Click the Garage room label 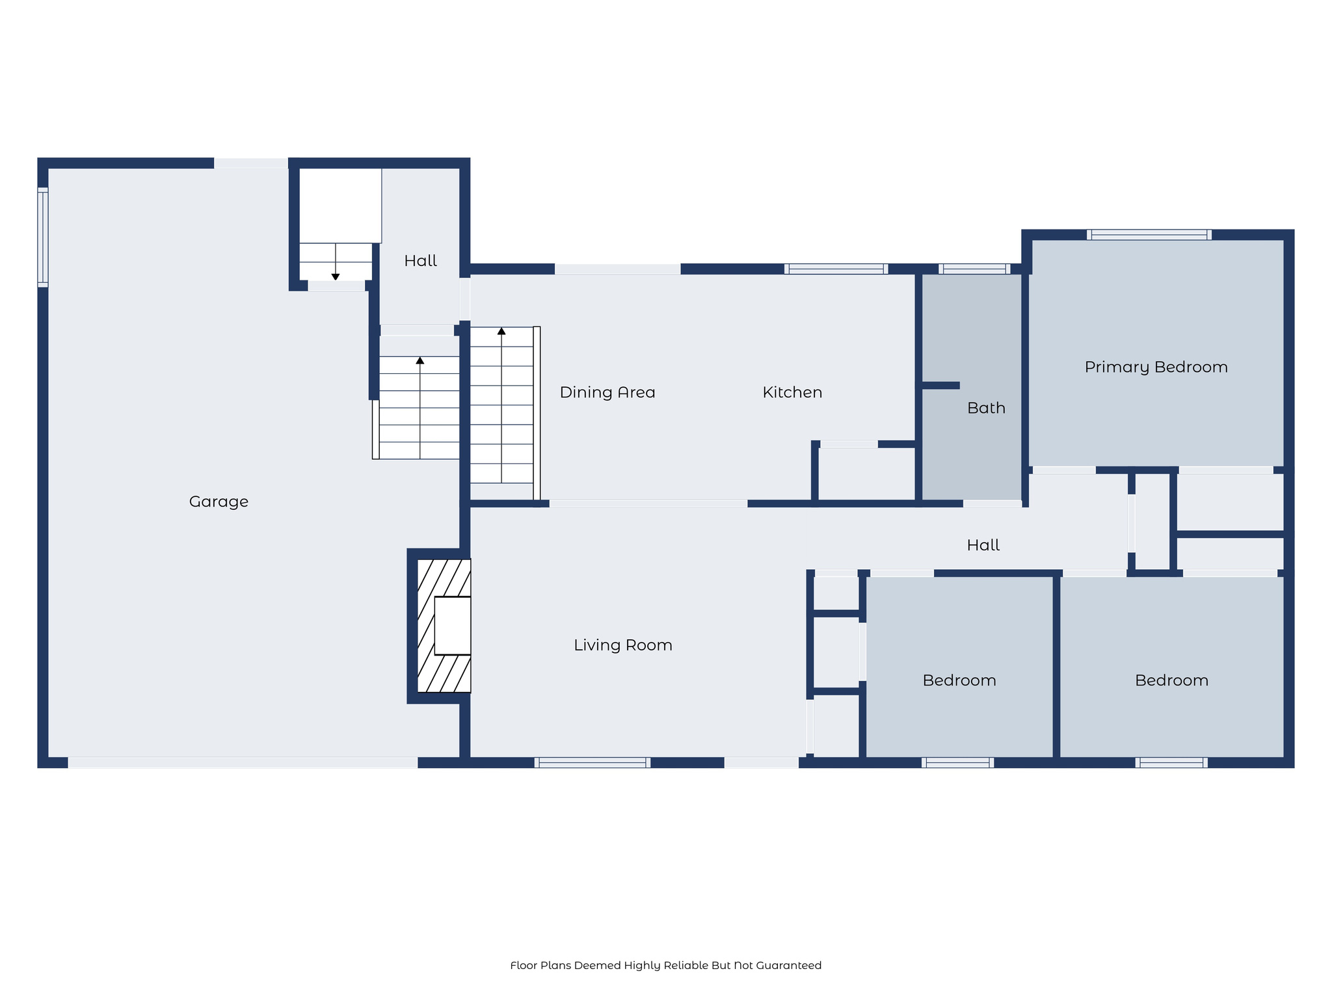pos(219,501)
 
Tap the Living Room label pos(622,645)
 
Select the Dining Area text pos(607,392)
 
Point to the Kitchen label pos(792,392)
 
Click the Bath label pos(985,408)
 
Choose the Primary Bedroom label pos(1156,367)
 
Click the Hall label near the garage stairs pos(420,261)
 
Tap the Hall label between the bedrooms pos(983,545)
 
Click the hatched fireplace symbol pos(444,626)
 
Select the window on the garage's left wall pos(43,237)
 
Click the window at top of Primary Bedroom pos(1149,235)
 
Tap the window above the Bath pos(974,269)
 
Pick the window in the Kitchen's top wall pos(836,269)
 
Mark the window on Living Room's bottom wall pos(592,763)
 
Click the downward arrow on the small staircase pos(336,276)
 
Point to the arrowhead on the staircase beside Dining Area pos(501,331)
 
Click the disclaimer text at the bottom pos(665,965)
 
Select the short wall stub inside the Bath pos(940,386)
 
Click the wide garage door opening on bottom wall pos(243,763)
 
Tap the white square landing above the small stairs pos(340,206)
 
